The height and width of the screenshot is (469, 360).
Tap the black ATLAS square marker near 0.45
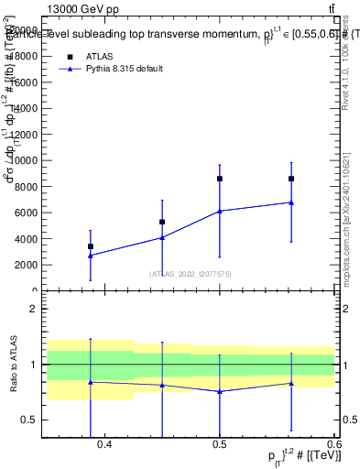pyautogui.click(x=162, y=222)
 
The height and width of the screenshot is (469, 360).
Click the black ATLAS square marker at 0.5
pyautogui.click(x=220, y=179)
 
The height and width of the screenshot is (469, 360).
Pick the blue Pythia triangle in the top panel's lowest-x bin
pyautogui.click(x=90, y=255)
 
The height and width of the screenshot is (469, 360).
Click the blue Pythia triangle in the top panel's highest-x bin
pyautogui.click(x=291, y=202)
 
